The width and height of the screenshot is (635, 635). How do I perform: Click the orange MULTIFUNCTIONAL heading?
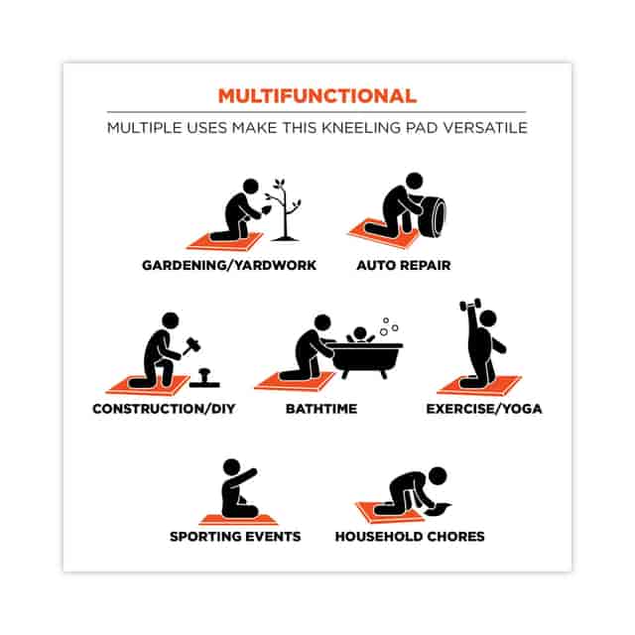tap(317, 96)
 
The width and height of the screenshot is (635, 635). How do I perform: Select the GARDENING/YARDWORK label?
tap(229, 265)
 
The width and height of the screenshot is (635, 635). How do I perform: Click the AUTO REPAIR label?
tap(404, 265)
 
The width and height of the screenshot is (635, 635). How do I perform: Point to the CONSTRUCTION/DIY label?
tap(164, 409)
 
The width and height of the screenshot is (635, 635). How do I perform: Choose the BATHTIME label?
tap(321, 409)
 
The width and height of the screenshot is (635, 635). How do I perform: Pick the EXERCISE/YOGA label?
tap(484, 409)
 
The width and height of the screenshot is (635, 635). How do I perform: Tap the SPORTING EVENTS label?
tap(235, 536)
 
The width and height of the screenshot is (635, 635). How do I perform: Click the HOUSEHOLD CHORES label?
tap(410, 536)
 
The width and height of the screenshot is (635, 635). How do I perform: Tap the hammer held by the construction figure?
tap(191, 345)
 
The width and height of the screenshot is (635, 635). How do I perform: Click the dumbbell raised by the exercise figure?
tap(470, 305)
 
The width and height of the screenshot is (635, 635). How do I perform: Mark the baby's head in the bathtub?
tap(359, 334)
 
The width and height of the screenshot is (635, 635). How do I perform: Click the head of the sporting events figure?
tap(231, 467)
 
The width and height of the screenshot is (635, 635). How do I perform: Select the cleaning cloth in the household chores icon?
tap(439, 509)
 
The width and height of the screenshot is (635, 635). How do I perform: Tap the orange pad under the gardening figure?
tap(225, 242)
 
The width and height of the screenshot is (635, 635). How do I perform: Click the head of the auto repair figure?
tap(415, 181)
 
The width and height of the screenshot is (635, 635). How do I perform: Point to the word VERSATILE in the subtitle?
tap(485, 128)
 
